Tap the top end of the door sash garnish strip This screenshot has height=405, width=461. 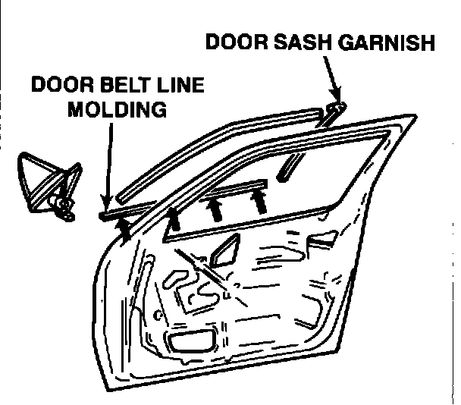click(x=339, y=106)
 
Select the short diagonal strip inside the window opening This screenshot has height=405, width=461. click(x=289, y=166)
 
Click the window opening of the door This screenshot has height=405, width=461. click(x=303, y=182)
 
